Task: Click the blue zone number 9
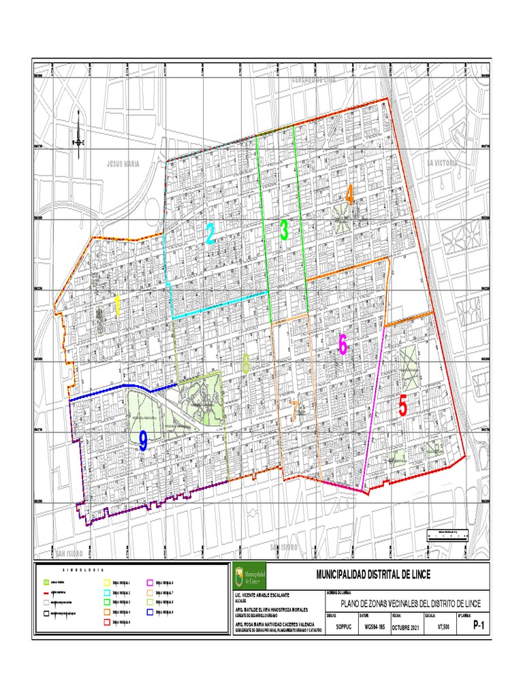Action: click(143, 442)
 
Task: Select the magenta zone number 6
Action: click(343, 346)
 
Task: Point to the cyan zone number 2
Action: click(210, 235)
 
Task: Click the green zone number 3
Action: click(284, 231)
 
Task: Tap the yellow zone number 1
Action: click(117, 306)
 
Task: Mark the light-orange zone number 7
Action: click(294, 411)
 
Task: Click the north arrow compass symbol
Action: click(79, 141)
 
